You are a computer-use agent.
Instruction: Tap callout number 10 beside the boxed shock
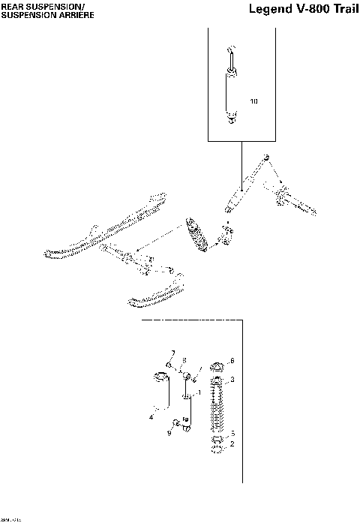(x=253, y=101)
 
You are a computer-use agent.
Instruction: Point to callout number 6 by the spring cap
(x=232, y=360)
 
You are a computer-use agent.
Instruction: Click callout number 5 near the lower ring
(x=232, y=434)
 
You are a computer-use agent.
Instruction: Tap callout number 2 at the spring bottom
(x=232, y=444)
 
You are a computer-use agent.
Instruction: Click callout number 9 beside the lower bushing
(x=169, y=433)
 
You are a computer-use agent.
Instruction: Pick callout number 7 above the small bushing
(x=172, y=353)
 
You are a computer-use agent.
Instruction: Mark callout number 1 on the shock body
(x=199, y=392)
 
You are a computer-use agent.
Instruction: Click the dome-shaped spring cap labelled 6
(x=217, y=367)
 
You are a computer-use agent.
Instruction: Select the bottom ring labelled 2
(x=217, y=450)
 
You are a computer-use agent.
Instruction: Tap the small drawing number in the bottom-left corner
(x=10, y=518)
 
